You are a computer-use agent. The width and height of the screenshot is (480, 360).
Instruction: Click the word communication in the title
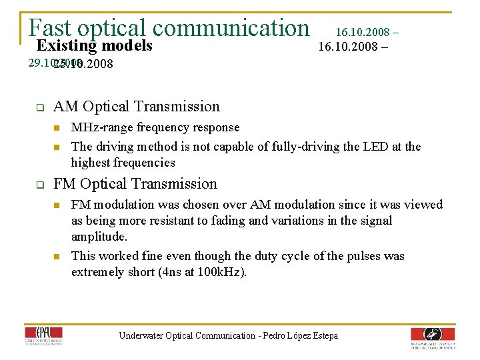click(x=230, y=27)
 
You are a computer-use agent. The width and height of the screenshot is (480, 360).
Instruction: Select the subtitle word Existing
click(x=66, y=45)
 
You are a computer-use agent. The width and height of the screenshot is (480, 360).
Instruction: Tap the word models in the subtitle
click(x=126, y=45)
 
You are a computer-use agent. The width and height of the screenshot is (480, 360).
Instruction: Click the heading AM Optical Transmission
click(x=136, y=107)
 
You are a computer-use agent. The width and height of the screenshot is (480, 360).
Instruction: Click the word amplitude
click(x=99, y=237)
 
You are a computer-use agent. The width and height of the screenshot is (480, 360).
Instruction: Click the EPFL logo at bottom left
click(x=43, y=337)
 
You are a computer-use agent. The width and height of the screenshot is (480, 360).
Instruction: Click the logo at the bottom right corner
click(x=433, y=337)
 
